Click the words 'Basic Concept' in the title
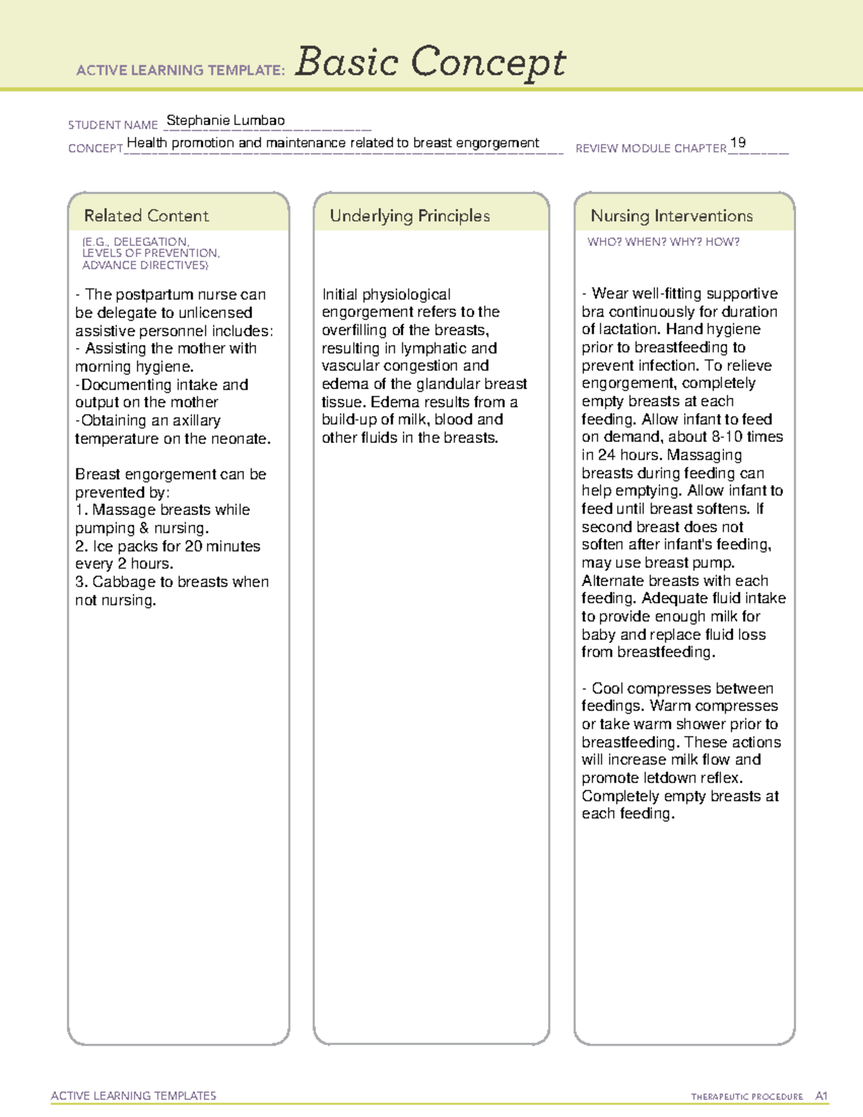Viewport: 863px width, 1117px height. pyautogui.click(x=430, y=62)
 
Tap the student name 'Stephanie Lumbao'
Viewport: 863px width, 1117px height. pyautogui.click(x=225, y=121)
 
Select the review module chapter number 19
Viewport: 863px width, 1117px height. pyautogui.click(x=737, y=142)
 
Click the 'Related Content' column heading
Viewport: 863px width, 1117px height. pyautogui.click(x=146, y=216)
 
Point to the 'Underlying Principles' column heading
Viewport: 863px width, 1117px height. pyautogui.click(x=409, y=216)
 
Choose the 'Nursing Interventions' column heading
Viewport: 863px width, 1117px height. pyautogui.click(x=671, y=216)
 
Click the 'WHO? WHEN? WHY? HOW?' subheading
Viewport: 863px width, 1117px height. pyautogui.click(x=663, y=242)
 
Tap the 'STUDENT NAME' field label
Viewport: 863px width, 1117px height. pyautogui.click(x=113, y=125)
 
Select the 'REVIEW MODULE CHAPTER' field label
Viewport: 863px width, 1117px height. pyautogui.click(x=651, y=148)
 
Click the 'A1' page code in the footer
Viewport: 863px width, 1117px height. pyautogui.click(x=821, y=1096)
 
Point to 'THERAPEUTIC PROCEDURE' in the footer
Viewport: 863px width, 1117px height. pyautogui.click(x=746, y=1097)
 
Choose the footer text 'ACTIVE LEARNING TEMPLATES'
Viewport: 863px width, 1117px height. pyautogui.click(x=133, y=1095)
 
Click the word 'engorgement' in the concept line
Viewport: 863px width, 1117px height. pyautogui.click(x=497, y=143)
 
